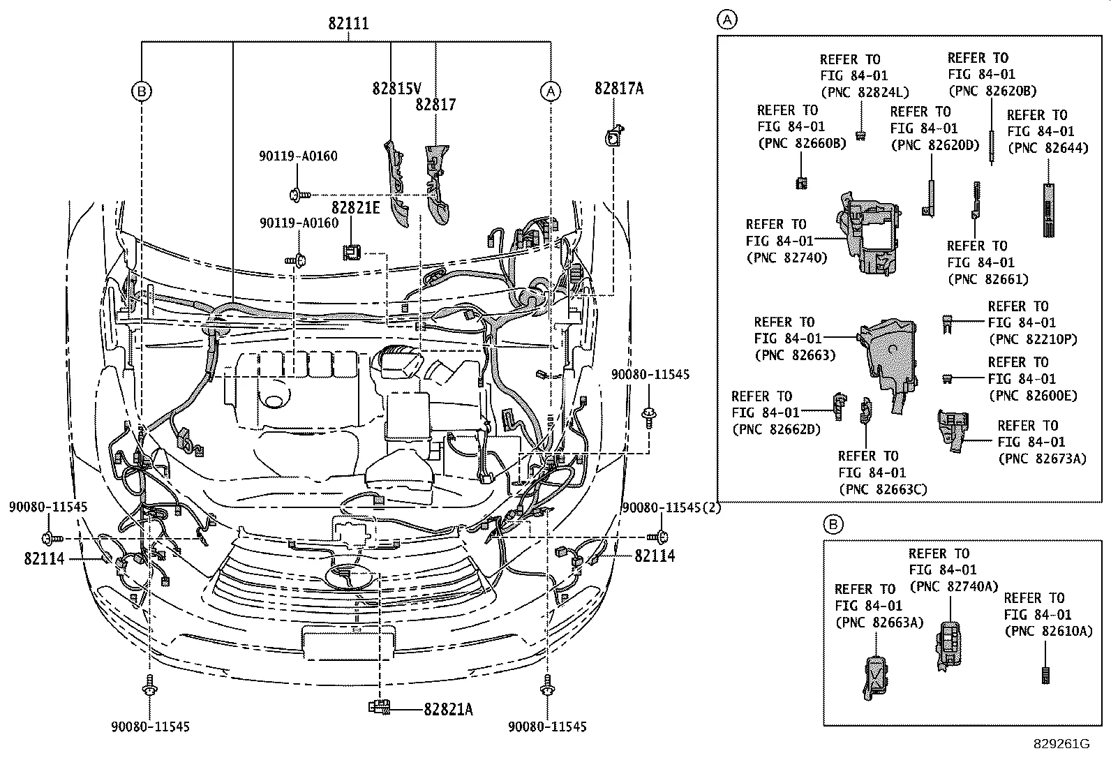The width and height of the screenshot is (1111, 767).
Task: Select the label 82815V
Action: pyautogui.click(x=396, y=89)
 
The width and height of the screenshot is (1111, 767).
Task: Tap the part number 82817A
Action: pyautogui.click(x=619, y=88)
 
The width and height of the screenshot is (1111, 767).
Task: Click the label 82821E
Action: pyautogui.click(x=355, y=208)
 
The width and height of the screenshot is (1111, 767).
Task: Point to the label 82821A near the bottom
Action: pyautogui.click(x=447, y=709)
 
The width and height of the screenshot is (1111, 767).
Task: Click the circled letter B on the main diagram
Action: pyautogui.click(x=142, y=91)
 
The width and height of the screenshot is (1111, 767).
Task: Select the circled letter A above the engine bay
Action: pyautogui.click(x=551, y=91)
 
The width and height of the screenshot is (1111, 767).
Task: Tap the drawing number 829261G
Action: pyautogui.click(x=1061, y=744)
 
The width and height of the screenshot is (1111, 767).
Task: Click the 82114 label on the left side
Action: pyautogui.click(x=43, y=558)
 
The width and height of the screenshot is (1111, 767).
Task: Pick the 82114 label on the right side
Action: pyautogui.click(x=655, y=556)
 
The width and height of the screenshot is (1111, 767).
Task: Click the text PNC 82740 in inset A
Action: pyautogui.click(x=786, y=258)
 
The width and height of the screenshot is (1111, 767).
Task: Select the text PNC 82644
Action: pyautogui.click(x=1047, y=147)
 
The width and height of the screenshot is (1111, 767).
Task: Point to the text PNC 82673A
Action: pyautogui.click(x=1042, y=459)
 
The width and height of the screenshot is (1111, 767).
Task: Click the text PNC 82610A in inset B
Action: pyautogui.click(x=1047, y=631)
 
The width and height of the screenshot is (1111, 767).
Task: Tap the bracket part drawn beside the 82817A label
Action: pyautogui.click(x=613, y=137)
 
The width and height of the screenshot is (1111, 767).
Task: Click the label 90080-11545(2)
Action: pyautogui.click(x=671, y=508)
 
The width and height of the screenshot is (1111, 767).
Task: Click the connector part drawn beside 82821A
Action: pyautogui.click(x=380, y=707)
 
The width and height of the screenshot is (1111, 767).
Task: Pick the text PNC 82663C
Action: pyautogui.click(x=882, y=489)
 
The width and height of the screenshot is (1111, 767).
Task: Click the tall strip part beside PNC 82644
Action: pyautogui.click(x=1047, y=209)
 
